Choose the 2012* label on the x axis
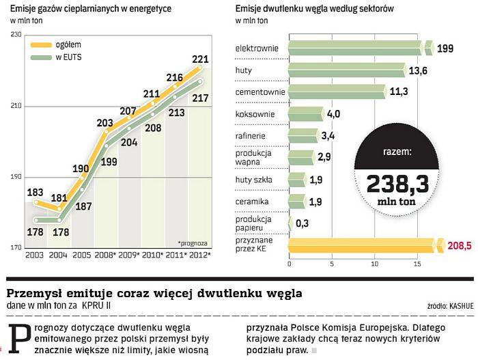[x=199, y=255]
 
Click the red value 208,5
[x=458, y=245]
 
